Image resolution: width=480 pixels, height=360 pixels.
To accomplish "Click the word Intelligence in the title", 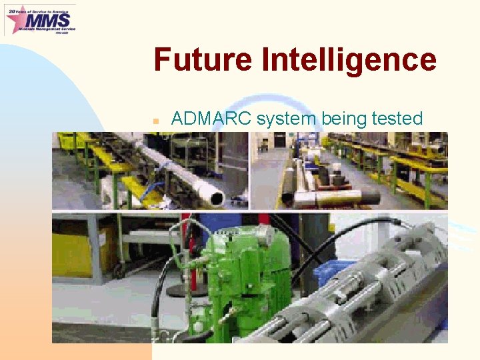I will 349,60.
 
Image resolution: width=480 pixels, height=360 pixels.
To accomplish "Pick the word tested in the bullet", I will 398,119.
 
